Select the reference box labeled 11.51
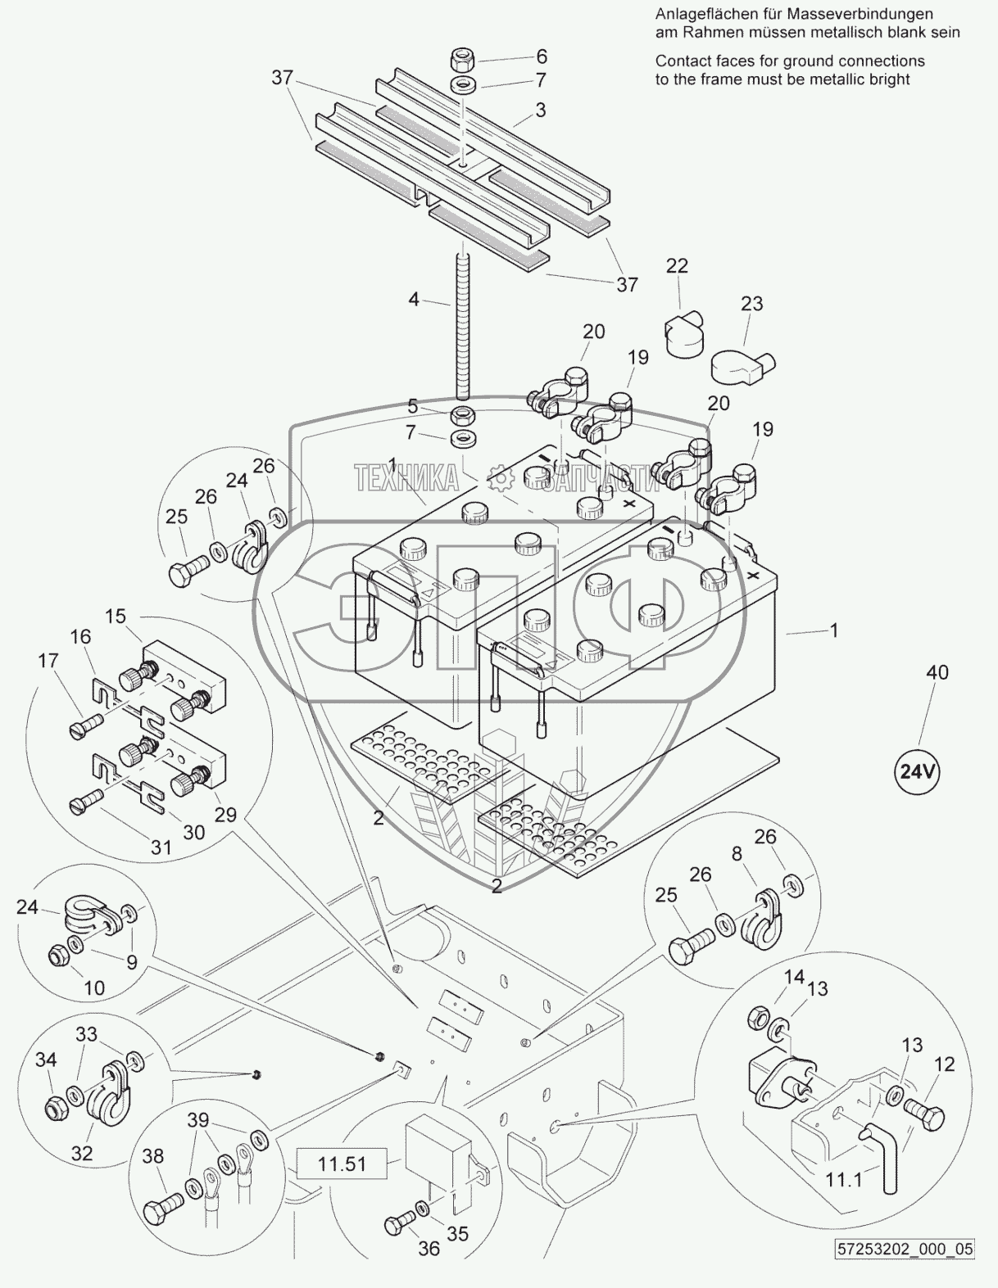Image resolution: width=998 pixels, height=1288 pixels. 342,1162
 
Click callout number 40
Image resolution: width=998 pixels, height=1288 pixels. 937,672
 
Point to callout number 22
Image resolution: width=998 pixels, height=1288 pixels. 677,266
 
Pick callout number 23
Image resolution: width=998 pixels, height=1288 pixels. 751,304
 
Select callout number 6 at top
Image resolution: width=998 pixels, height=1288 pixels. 541,56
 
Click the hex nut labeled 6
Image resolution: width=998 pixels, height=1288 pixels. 464,60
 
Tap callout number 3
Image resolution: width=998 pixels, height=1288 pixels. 541,109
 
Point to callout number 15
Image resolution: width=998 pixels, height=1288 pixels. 116,615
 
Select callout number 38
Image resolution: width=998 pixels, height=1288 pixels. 153,1156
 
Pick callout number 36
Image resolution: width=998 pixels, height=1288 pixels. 429,1248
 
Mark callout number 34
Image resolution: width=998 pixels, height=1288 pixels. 46,1060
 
